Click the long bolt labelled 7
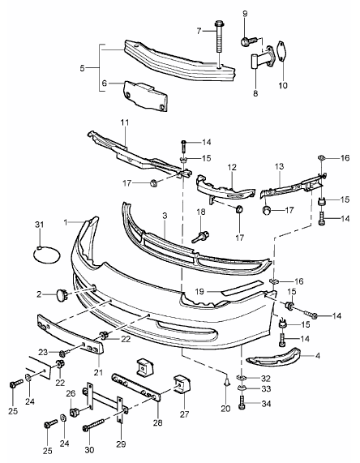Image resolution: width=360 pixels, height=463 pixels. pos(219,36)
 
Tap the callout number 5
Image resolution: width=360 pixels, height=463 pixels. pos(82,68)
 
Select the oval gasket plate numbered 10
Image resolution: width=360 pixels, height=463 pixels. pos(283,52)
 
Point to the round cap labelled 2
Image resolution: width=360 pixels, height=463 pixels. pos(62,294)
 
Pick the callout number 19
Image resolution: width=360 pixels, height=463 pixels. pos(199,292)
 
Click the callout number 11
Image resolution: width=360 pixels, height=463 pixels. pos(125,122)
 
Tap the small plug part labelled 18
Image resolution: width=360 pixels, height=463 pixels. pos(202,237)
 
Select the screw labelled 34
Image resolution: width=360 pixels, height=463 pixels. pos(242,404)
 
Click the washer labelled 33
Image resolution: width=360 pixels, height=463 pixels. pos(242,389)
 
